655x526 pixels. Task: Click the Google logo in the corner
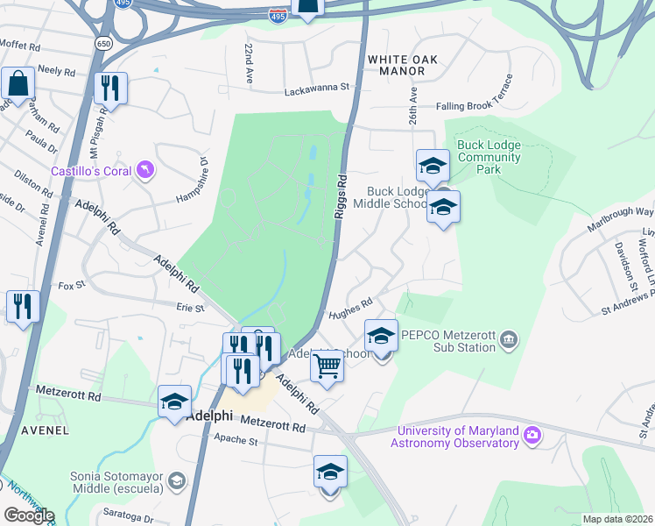coord(28,515)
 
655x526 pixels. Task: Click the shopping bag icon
coord(18,83)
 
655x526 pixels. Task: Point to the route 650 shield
coord(104,42)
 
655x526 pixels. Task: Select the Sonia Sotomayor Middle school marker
coord(177,480)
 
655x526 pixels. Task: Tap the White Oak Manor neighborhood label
coord(401,66)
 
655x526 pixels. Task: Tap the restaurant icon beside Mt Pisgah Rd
coord(111,88)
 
